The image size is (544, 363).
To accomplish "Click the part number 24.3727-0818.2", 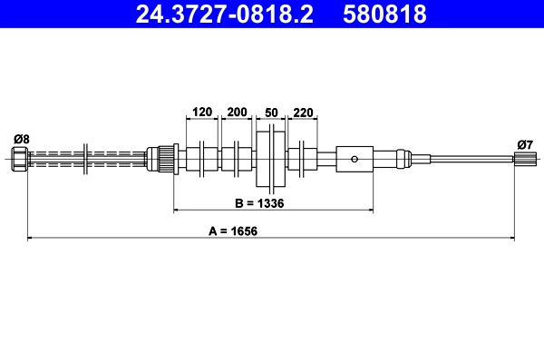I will click(224, 15).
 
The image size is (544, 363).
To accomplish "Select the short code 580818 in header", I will click(384, 15).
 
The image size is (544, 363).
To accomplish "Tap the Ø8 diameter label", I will click(21, 139).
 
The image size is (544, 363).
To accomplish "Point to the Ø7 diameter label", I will click(524, 143).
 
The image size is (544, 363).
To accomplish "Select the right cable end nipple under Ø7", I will click(523, 160).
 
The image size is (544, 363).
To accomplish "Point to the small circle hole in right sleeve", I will click(355, 160).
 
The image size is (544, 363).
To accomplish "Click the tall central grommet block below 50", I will click(270, 160).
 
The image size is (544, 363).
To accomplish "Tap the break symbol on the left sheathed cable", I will click(83, 159).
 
